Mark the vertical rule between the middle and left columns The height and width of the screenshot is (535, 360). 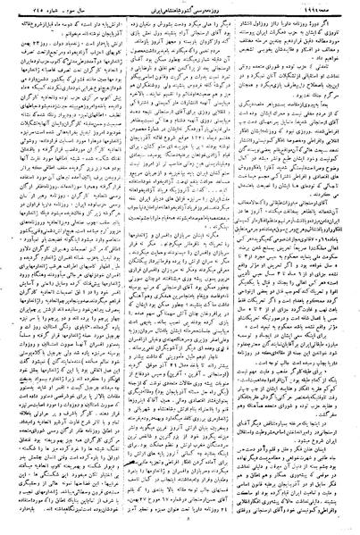coord(124,268)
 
